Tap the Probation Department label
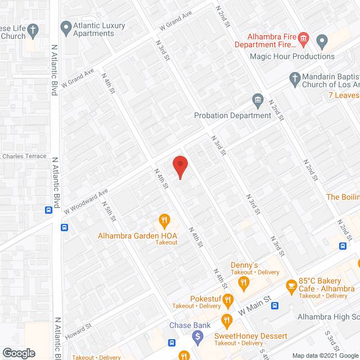coord(232,115)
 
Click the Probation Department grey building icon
coord(258,101)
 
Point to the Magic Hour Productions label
coord(292,56)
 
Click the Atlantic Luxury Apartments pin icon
coord(66,27)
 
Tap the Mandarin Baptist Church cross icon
coord(294,78)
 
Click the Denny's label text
coord(244,265)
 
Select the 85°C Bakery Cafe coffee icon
coord(291,287)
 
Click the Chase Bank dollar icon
coord(197,337)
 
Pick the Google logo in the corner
coord(18,353)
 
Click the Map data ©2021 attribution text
coord(327,355)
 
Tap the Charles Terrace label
coord(25,156)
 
